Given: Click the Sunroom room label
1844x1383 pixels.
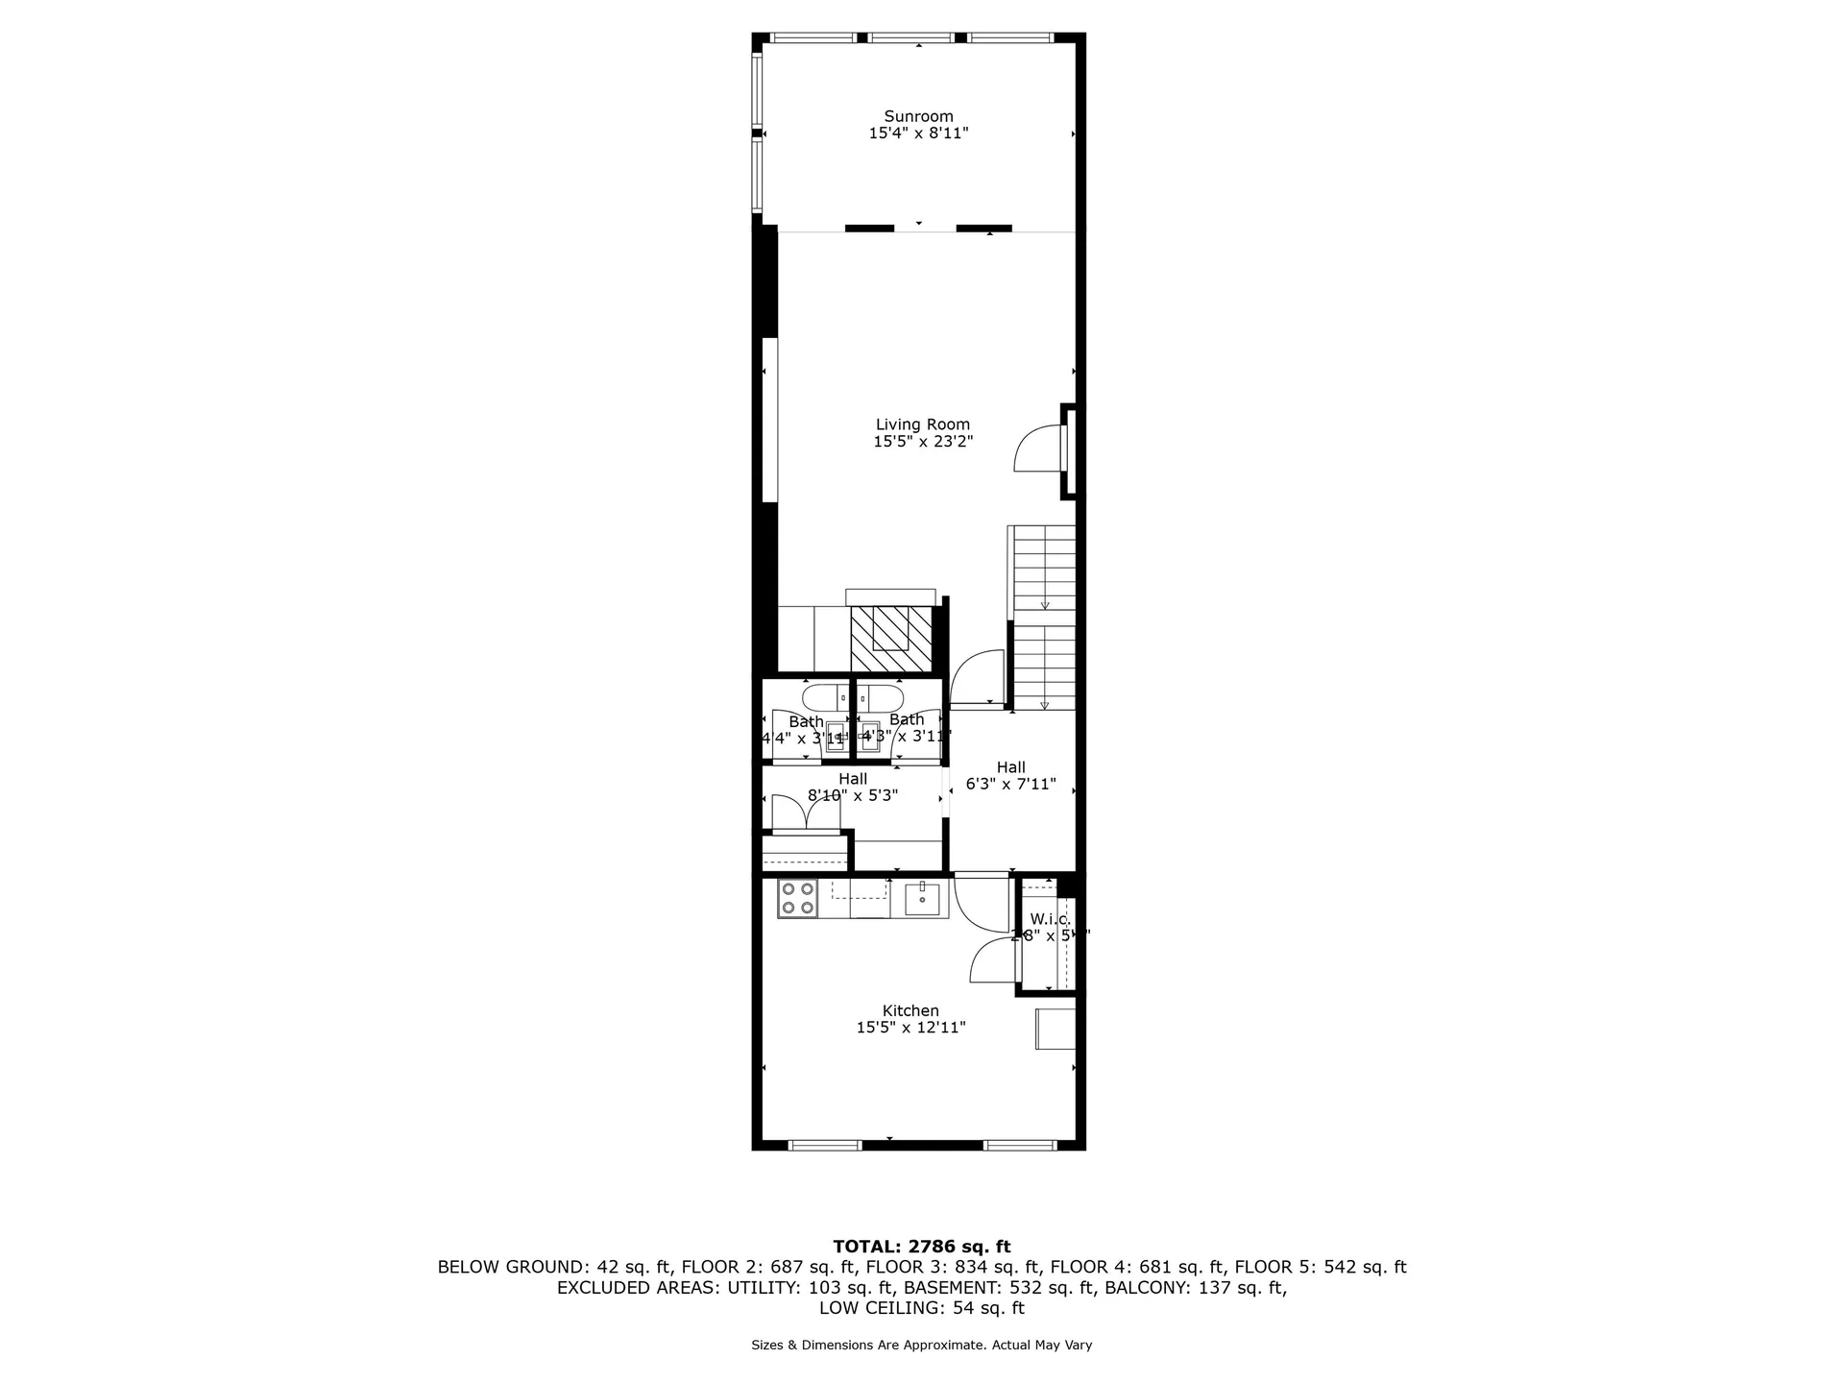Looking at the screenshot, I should pos(918,116).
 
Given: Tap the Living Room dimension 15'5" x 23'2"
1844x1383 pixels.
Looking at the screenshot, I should pos(922,442).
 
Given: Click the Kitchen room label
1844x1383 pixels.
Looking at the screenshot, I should pos(910,1010).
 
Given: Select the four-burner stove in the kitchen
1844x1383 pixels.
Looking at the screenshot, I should pos(797,899).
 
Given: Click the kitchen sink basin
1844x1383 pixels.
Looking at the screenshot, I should pos(922,898).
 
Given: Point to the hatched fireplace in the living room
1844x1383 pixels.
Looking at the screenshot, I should pos(891,639).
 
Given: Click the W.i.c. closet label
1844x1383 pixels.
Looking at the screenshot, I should pos(1050,919).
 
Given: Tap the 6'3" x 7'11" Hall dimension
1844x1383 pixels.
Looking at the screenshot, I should pos(1010,784).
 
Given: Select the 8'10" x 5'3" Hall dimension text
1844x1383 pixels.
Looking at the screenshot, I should pos(852,795).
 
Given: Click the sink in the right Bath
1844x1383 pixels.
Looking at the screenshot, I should pos(870,734).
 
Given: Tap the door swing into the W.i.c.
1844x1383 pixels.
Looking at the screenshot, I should pos(991,960).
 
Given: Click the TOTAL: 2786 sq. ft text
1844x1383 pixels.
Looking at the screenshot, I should pos(921,1247).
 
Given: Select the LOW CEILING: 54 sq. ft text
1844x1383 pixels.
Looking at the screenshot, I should pos(921,1308).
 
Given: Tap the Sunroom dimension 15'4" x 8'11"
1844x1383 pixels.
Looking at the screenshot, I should pos(918,133).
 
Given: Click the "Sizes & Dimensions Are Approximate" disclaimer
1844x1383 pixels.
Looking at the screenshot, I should pos(921,1346).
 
